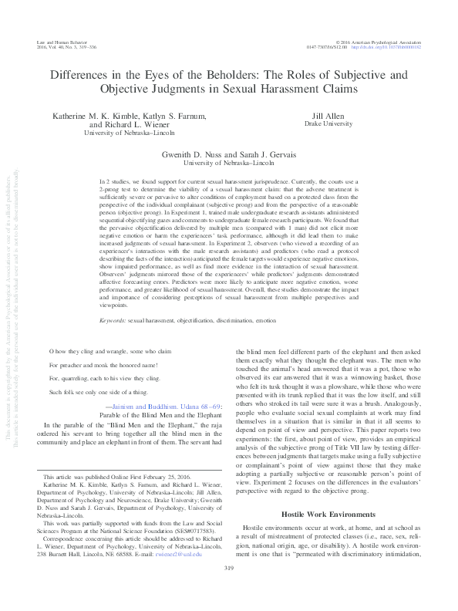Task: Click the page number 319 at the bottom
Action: tap(228, 590)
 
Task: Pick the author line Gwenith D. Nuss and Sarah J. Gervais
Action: tap(228, 154)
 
